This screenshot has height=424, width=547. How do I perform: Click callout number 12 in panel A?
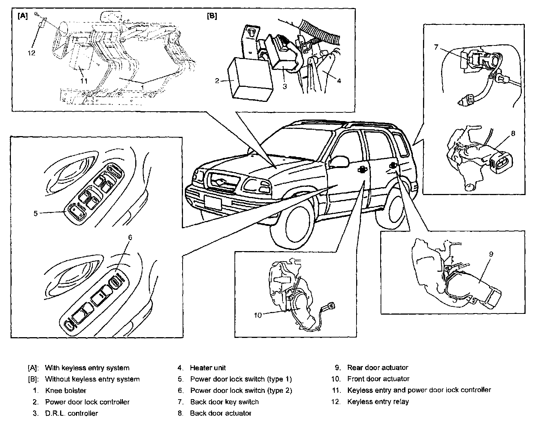[x=32, y=53]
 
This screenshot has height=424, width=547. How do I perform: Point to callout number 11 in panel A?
[x=84, y=80]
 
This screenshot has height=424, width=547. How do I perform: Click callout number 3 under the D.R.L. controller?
[x=285, y=86]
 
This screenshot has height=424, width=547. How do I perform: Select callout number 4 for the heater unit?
[x=338, y=80]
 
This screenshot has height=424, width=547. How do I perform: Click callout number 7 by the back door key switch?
[x=436, y=47]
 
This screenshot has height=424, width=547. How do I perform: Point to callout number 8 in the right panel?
[x=513, y=133]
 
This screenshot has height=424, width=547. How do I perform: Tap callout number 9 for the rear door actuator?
[x=491, y=254]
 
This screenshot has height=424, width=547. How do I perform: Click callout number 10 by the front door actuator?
[x=257, y=315]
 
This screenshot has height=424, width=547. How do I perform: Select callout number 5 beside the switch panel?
[x=36, y=213]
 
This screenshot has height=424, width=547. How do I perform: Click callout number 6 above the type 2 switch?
[x=130, y=237]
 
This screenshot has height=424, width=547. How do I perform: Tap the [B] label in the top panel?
[x=212, y=17]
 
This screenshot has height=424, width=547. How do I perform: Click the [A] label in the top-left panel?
[x=23, y=17]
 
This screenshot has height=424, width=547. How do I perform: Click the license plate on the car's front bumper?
[x=213, y=203]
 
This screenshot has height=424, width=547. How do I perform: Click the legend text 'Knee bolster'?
[x=66, y=390]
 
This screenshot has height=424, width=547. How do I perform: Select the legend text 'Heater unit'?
[x=208, y=368]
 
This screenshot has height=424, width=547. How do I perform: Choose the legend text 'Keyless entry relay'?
[x=378, y=401]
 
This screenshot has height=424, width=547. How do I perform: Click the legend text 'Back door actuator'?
[x=221, y=413]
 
